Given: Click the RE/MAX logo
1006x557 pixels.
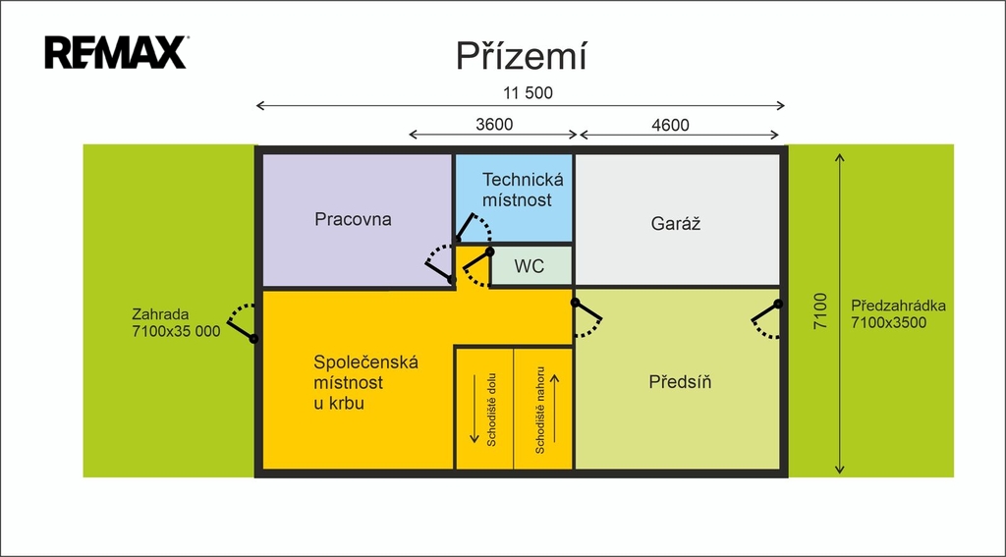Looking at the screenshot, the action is (x=116, y=52).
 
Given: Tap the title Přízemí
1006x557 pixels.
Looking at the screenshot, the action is (x=521, y=56).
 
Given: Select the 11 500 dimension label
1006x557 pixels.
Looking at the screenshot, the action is (x=528, y=93).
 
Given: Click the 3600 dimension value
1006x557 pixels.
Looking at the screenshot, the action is (x=494, y=125).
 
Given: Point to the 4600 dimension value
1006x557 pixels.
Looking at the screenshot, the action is (x=670, y=125).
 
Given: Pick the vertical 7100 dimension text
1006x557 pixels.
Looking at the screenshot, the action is (x=820, y=311).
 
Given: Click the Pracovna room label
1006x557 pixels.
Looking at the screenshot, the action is (x=353, y=219).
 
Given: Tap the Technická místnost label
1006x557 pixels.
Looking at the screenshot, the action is (x=517, y=190).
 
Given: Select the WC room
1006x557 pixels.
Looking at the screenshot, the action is (x=530, y=265).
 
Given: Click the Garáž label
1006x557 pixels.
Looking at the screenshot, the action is (x=675, y=224).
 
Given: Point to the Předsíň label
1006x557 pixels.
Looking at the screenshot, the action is (x=680, y=382).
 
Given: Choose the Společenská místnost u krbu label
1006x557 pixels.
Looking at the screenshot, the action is (x=365, y=382).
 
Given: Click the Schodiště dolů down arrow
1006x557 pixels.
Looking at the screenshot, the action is (x=475, y=409).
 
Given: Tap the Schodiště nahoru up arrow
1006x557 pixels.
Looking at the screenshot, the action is (x=556, y=409).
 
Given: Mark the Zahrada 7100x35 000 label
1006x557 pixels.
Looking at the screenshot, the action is (x=176, y=323).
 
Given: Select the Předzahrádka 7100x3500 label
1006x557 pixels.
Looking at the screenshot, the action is (x=898, y=313).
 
